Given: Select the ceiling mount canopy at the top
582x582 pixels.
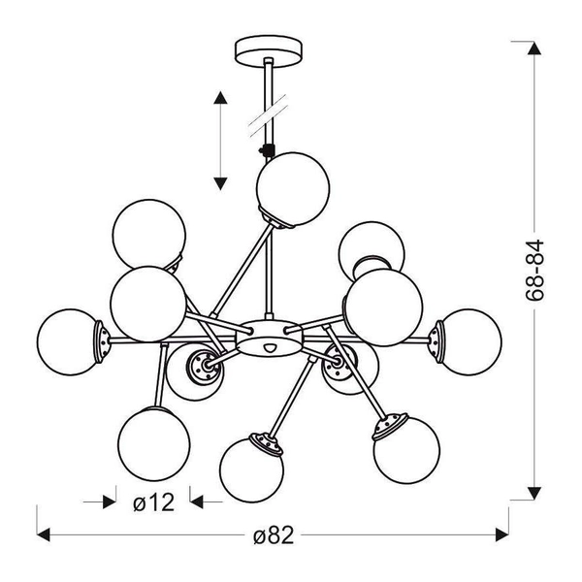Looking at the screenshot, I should coord(265,48).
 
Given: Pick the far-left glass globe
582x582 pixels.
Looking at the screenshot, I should coord(70,340).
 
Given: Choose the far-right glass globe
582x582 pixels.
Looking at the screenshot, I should coord(471,340).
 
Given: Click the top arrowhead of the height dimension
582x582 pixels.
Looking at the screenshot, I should coord(533,47).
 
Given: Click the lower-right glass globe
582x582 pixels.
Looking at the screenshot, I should coord(405,449).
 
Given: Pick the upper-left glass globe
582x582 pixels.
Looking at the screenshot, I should coord(148,234).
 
